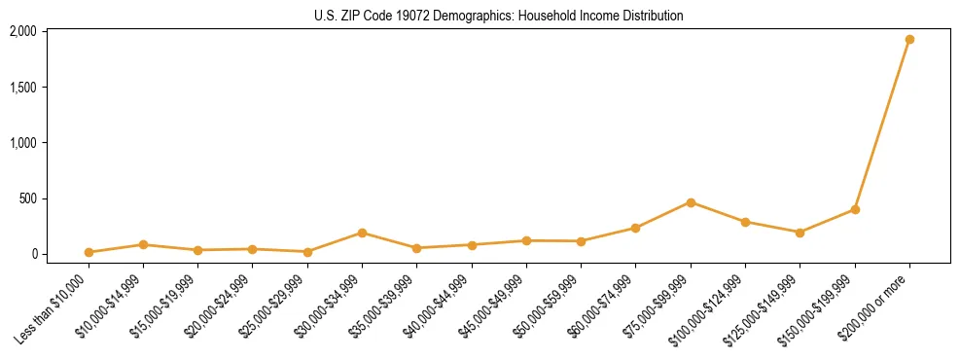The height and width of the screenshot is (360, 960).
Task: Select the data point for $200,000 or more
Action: tap(909, 40)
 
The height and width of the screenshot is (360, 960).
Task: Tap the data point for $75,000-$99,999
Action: tap(691, 202)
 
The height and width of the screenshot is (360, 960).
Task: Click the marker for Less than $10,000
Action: tap(89, 252)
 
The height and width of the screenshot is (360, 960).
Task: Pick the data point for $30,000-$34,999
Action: tap(362, 233)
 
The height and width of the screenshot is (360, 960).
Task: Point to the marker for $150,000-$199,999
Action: tap(855, 209)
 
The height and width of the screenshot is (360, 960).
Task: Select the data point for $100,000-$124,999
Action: tap(745, 222)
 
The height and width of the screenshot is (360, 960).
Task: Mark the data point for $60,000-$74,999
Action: tap(636, 228)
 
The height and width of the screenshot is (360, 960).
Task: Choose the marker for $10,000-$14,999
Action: tap(143, 244)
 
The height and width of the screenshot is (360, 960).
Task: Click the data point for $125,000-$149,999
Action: tap(800, 233)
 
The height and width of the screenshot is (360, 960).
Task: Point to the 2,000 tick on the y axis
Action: tap(22, 31)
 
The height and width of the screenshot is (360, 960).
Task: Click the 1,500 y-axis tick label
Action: tap(22, 87)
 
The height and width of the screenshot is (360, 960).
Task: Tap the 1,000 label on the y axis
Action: tap(22, 143)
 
